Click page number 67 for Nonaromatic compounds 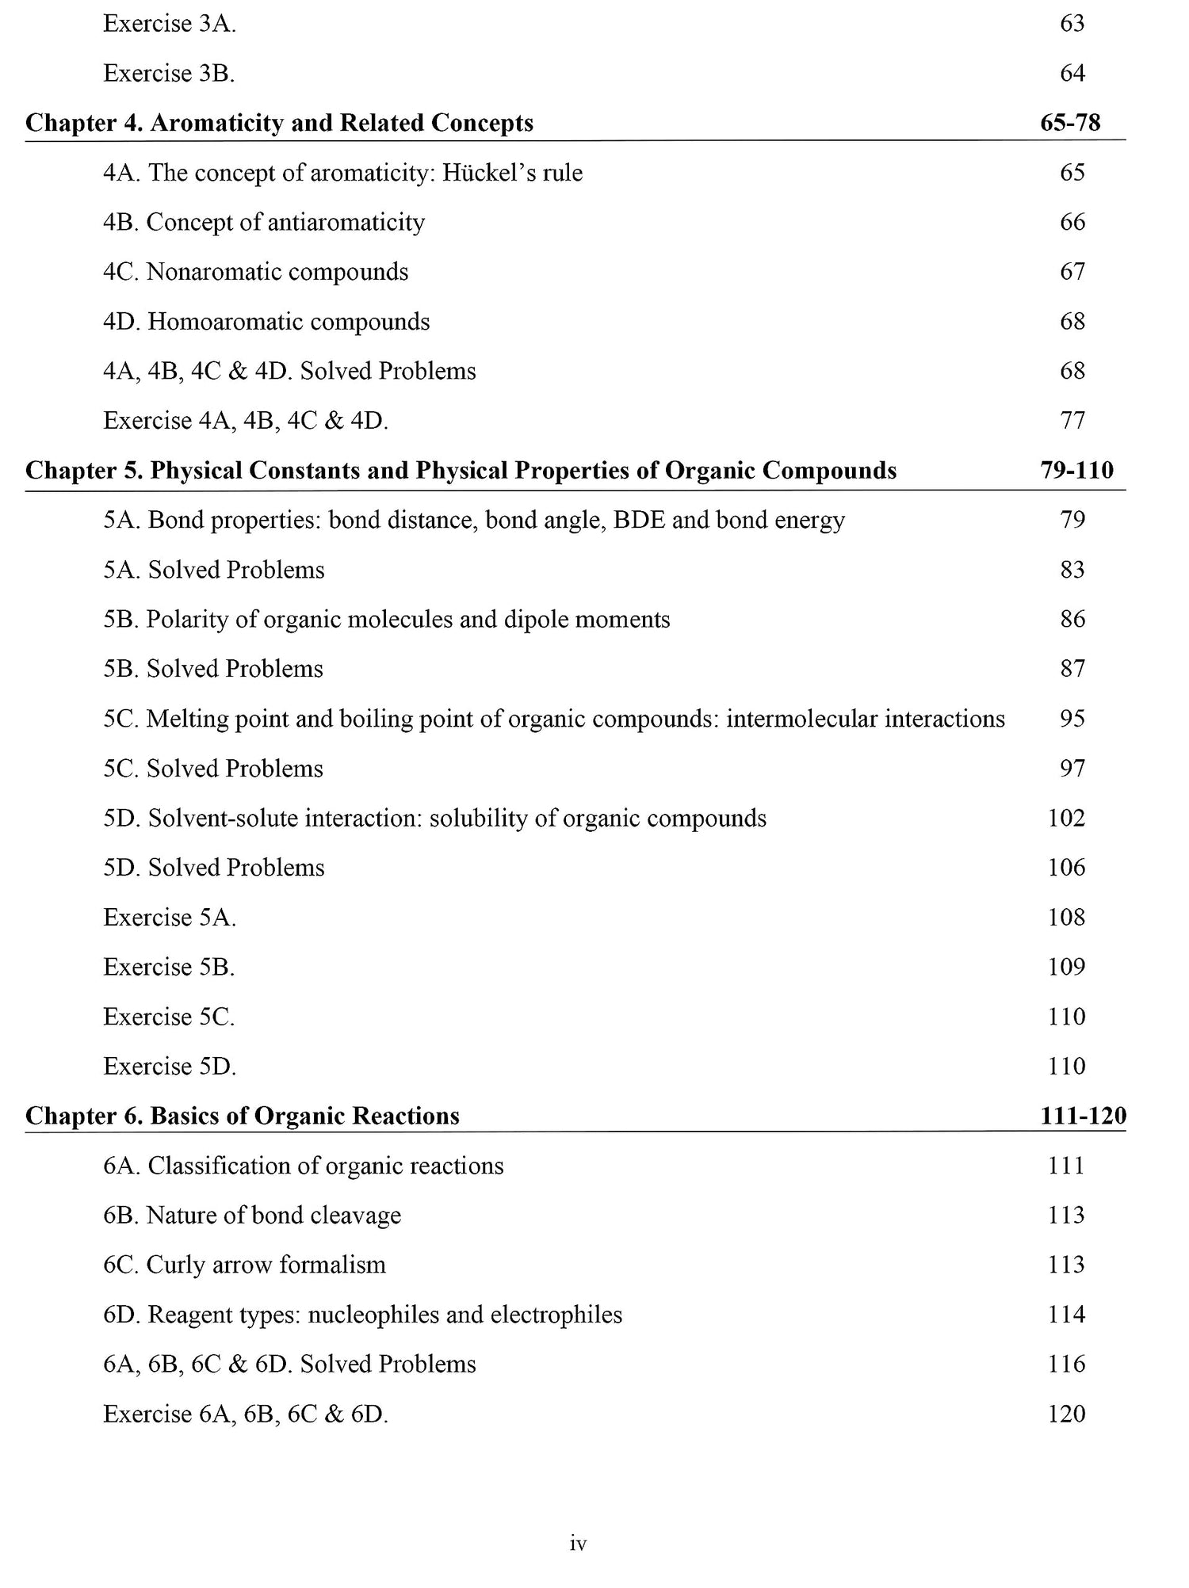pos(1072,272)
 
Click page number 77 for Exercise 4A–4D pos(1072,421)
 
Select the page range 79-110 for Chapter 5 pos(1076,471)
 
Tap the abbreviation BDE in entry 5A pos(640,521)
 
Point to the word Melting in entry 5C pos(186,720)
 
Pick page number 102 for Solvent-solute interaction pos(1066,819)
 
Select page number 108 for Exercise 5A pos(1066,918)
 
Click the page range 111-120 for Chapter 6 pos(1083,1117)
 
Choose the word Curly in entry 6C pos(174,1265)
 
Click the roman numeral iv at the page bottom pos(578,1544)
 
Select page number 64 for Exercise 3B pos(1072,74)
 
